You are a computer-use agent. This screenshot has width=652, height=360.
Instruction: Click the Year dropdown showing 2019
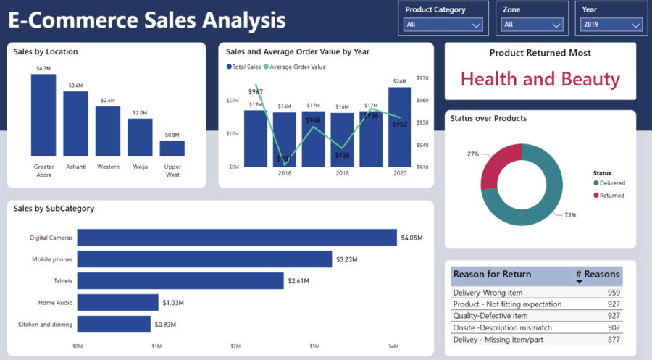coord(611,25)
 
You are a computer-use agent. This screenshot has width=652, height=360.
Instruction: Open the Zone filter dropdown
coord(532,25)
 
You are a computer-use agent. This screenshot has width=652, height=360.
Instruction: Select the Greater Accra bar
coord(43,115)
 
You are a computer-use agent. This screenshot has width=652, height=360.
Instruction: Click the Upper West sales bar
coord(172,148)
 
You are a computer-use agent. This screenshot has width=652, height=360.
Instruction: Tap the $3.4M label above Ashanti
coord(75,85)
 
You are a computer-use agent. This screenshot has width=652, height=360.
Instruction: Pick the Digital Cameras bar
coord(237,238)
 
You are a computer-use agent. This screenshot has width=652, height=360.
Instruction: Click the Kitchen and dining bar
coord(114,324)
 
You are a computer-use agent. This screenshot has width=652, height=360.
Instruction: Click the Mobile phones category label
coord(51,259)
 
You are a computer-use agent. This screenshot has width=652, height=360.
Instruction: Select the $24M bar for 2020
coord(399,127)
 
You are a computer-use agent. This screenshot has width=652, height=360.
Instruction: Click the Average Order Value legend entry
coord(297,67)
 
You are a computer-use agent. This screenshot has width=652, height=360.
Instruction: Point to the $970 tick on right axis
coord(422,78)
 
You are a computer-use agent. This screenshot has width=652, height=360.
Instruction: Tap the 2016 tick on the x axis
coord(284,174)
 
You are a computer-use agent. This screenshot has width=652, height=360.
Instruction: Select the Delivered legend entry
coord(611,183)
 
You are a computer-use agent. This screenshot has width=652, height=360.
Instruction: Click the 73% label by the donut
coord(570,215)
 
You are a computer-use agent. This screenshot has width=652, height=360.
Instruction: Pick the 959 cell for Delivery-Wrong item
coord(613,293)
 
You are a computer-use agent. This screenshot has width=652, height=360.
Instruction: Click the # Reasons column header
coord(597,275)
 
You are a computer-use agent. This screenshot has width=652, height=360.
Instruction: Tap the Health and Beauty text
coord(540,79)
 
